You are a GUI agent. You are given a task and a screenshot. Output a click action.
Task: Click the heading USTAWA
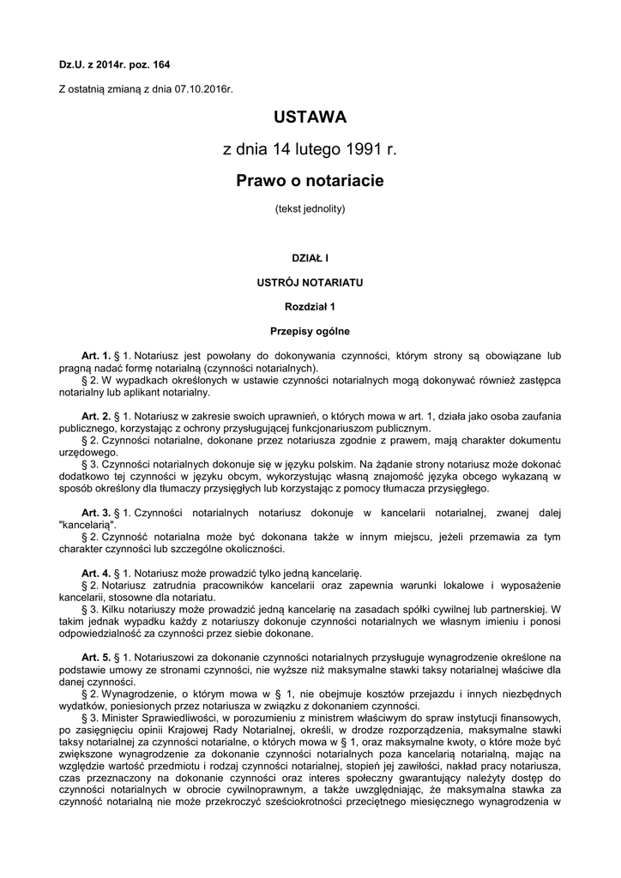coord(310,116)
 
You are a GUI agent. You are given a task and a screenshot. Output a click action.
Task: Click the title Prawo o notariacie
coord(310,180)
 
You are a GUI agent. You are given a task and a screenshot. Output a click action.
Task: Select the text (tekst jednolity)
coord(310,207)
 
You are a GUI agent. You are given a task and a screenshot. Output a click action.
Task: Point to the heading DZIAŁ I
coord(310,256)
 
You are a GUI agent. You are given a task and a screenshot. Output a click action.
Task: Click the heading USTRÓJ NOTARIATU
coord(310,281)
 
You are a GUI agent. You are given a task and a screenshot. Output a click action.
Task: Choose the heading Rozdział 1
coord(310,305)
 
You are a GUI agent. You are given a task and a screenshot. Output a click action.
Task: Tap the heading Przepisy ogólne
coord(310,330)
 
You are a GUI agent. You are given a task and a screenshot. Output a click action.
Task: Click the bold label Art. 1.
coord(96,355)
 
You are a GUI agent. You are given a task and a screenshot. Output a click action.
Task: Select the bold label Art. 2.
coord(96,416)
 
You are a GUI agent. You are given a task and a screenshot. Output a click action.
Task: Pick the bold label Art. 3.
coord(96,513)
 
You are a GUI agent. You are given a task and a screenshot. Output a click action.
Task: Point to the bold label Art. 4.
coord(96,573)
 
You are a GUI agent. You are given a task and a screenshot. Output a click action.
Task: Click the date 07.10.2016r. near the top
coord(204,88)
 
